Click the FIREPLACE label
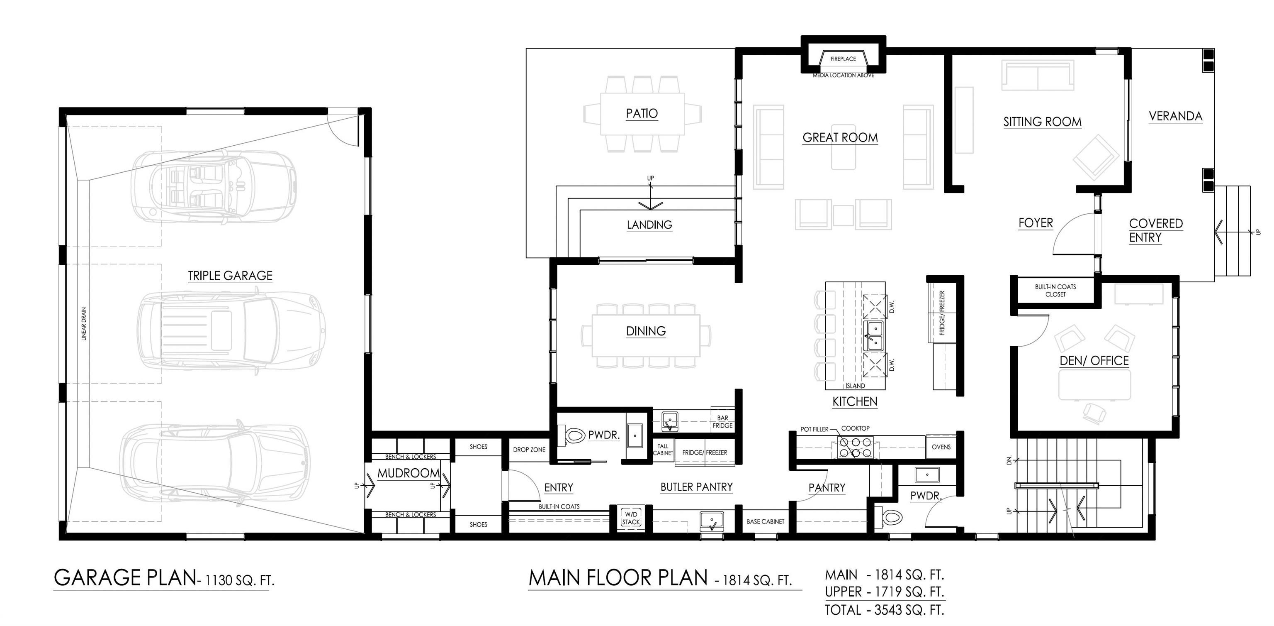pyautogui.click(x=843, y=59)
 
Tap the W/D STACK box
pyautogui.click(x=631, y=518)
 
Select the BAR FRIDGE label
pyautogui.click(x=722, y=422)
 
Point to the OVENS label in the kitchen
pyautogui.click(x=941, y=447)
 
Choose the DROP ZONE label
pyautogui.click(x=529, y=450)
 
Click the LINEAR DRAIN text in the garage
pyautogui.click(x=84, y=324)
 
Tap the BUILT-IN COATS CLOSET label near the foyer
pyautogui.click(x=1055, y=291)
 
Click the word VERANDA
pyautogui.click(x=1175, y=116)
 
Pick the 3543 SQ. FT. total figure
pyautogui.click(x=909, y=610)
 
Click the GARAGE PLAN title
pyautogui.click(x=125, y=577)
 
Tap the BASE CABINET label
pyautogui.click(x=766, y=521)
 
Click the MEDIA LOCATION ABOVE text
pyautogui.click(x=844, y=76)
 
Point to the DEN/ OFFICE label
pyautogui.click(x=1094, y=361)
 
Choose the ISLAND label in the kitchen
pyautogui.click(x=855, y=386)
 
